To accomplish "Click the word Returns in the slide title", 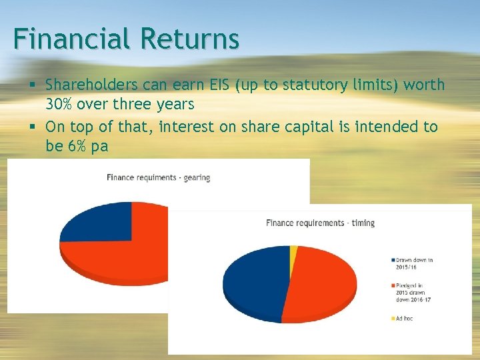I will point(189,39).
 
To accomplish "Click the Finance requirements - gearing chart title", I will point(158,177).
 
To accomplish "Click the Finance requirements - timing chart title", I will point(320,223).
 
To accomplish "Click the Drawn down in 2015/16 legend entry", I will point(413,263).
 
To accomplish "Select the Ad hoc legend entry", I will point(403,319).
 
